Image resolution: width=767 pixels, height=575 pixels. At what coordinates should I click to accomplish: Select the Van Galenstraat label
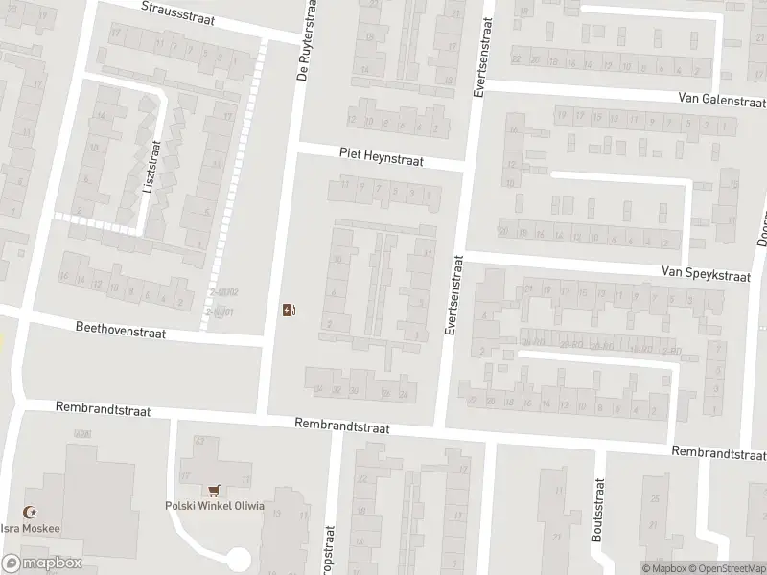(x=720, y=100)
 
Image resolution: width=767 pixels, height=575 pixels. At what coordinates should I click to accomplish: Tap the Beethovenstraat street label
(x=121, y=331)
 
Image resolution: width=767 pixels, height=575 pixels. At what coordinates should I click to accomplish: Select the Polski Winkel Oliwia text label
(x=215, y=506)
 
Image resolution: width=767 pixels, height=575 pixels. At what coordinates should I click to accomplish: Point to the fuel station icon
(x=289, y=309)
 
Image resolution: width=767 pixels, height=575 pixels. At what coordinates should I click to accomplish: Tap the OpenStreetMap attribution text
(x=725, y=568)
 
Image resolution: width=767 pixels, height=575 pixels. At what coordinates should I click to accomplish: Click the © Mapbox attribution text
(x=663, y=568)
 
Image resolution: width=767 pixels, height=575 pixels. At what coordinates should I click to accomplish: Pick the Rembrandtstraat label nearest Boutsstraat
(x=717, y=452)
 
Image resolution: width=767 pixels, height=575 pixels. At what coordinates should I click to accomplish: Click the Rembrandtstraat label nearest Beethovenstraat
(x=104, y=409)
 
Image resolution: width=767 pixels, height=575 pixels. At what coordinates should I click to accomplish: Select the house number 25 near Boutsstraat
(x=656, y=498)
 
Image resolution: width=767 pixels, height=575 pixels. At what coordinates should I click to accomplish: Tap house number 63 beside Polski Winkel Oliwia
(x=200, y=441)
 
